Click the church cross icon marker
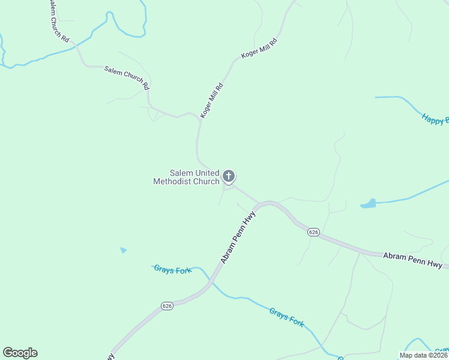click(x=228, y=176)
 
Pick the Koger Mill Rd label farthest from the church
click(x=259, y=48)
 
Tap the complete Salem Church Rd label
click(x=127, y=77)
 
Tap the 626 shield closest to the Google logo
click(x=167, y=306)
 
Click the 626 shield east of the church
click(x=313, y=232)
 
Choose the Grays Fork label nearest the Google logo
click(x=172, y=270)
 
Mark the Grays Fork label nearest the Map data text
click(x=286, y=317)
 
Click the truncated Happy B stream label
click(x=435, y=119)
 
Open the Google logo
click(x=20, y=353)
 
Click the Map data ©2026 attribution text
click(x=423, y=355)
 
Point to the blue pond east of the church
click(x=369, y=204)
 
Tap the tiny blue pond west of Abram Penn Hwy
click(x=124, y=250)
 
